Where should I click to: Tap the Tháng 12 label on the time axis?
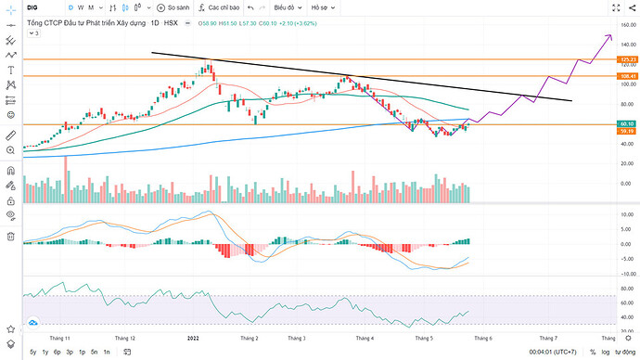[124, 339]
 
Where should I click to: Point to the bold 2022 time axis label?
[193, 339]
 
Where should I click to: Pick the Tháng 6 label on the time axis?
[484, 339]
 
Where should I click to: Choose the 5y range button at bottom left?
[33, 353]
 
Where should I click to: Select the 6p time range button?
[58, 353]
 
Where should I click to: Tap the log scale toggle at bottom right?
[606, 353]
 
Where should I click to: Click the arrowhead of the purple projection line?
[609, 35]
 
